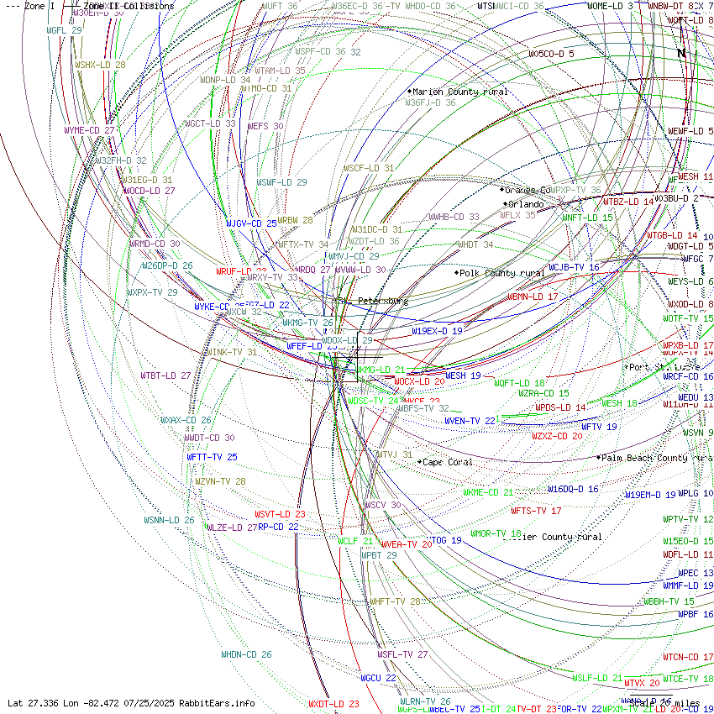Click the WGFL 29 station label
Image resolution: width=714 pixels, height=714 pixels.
tap(65, 30)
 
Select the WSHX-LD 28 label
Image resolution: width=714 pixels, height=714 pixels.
tap(100, 65)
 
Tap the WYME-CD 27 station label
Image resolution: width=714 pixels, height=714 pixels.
tap(89, 131)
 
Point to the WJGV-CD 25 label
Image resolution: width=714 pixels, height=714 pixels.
tap(251, 223)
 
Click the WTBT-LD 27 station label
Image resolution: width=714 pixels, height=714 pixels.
tap(165, 375)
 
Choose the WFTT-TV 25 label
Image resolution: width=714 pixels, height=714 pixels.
tap(212, 457)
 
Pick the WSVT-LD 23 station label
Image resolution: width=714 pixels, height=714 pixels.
tap(280, 514)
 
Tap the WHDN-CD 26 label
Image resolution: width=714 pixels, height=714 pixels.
tap(246, 654)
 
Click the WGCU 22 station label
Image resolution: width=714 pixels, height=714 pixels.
tap(378, 678)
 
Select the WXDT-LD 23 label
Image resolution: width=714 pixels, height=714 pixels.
tap(333, 704)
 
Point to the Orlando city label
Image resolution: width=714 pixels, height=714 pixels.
tap(526, 204)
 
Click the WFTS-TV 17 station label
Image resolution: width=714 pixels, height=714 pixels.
tap(536, 511)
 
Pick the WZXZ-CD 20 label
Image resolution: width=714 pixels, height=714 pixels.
tap(557, 436)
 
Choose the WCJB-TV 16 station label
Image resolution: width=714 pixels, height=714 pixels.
tap(574, 267)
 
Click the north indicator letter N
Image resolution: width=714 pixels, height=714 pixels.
tap(681, 53)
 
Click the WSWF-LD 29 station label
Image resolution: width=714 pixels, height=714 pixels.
tap(281, 182)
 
